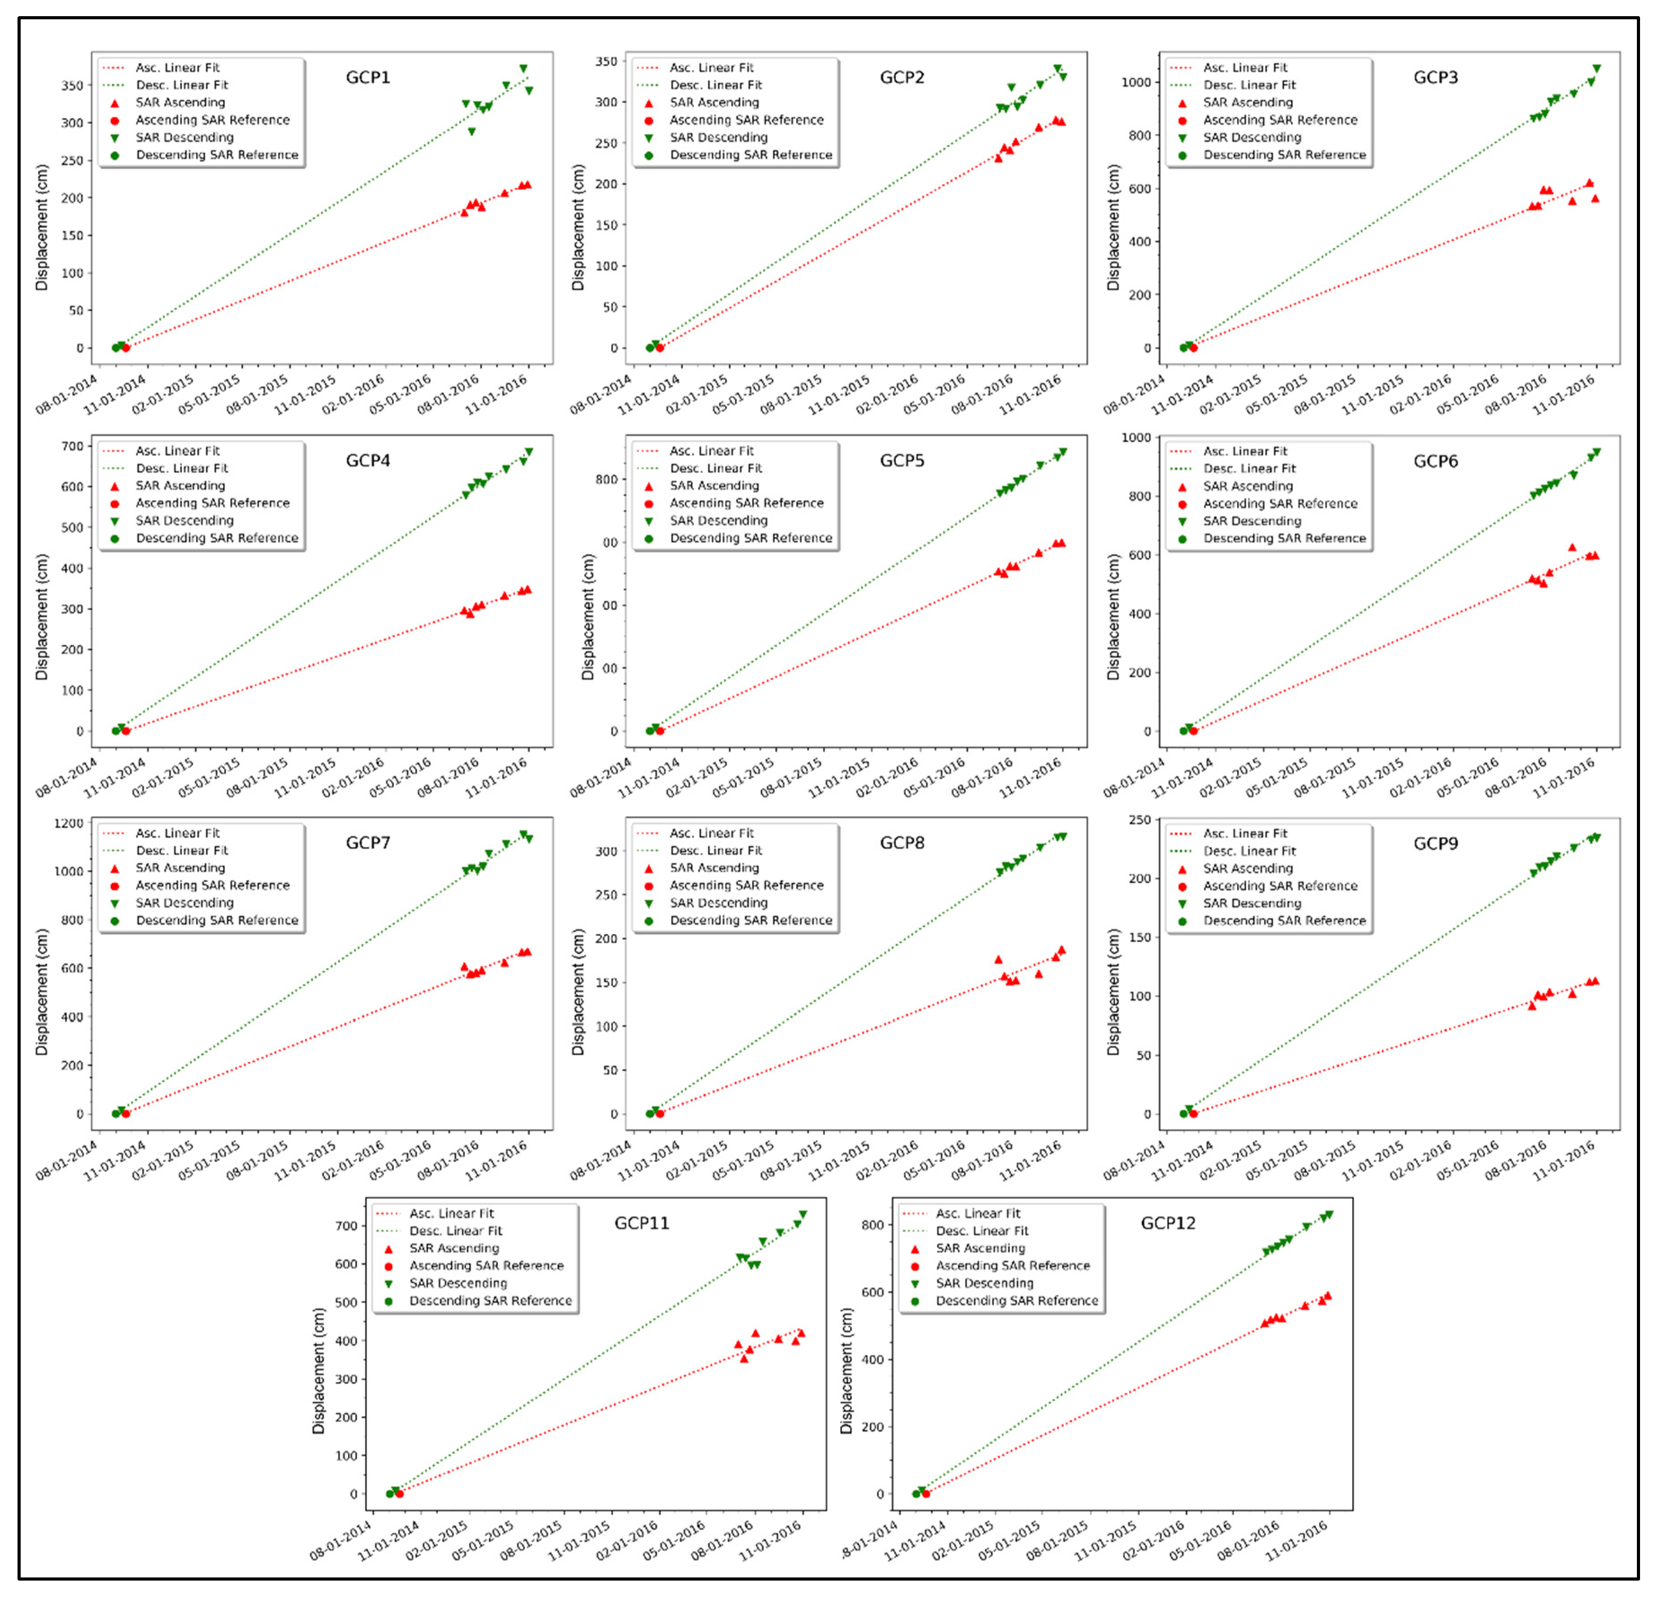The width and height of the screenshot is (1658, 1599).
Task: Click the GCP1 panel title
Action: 368,77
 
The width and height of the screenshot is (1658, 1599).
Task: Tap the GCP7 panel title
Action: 368,843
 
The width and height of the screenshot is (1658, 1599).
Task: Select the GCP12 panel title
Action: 1168,1223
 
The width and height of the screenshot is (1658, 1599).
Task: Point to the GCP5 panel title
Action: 902,460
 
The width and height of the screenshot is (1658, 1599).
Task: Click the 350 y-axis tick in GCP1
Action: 72,85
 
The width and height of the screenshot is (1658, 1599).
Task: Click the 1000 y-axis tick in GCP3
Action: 1136,82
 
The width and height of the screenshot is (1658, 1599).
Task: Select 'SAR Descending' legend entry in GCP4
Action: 185,520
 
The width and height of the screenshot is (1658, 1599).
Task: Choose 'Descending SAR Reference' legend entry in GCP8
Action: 750,921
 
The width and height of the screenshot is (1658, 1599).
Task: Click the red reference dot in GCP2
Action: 660,348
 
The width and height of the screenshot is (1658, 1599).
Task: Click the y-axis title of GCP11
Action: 319,1370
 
